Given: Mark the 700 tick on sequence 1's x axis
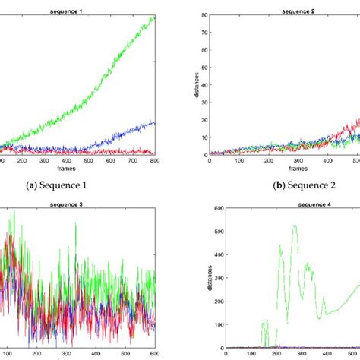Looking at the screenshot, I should click(x=133, y=160).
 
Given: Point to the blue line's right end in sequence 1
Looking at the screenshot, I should click(x=155, y=122).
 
